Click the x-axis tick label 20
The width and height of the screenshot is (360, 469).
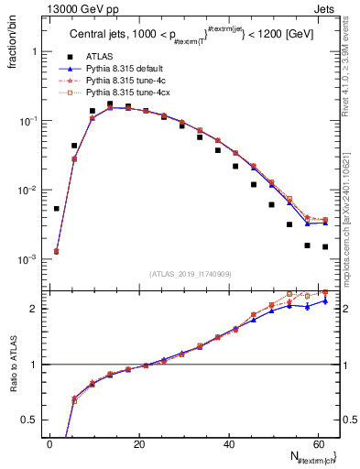(x=139, y=444)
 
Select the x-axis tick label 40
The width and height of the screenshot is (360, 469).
(x=228, y=444)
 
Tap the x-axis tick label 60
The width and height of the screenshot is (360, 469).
(x=317, y=444)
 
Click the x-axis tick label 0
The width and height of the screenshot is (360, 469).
(x=50, y=444)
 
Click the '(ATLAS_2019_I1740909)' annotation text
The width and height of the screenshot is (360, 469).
(x=190, y=274)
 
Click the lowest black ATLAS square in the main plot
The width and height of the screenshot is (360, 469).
(x=325, y=246)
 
